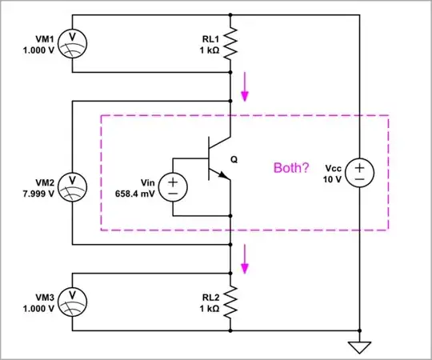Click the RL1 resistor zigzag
pos(230,45)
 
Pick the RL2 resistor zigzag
pos(230,303)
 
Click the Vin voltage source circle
pos(172,188)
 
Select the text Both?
pos(292,169)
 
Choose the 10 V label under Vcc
pos(332,179)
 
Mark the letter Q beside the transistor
pos(234,158)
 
